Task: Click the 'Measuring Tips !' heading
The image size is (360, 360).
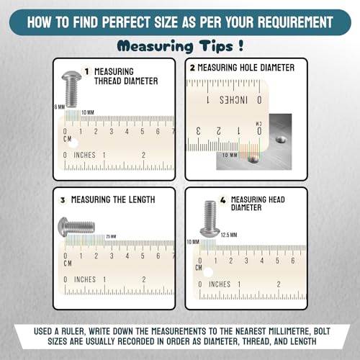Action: click(x=180, y=46)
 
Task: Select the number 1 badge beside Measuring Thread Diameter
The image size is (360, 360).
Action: click(x=86, y=71)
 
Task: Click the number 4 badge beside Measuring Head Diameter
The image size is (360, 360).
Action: click(x=223, y=199)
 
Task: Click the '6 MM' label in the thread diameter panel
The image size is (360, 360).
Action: click(x=60, y=107)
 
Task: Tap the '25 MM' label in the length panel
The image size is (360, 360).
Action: click(x=111, y=237)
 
